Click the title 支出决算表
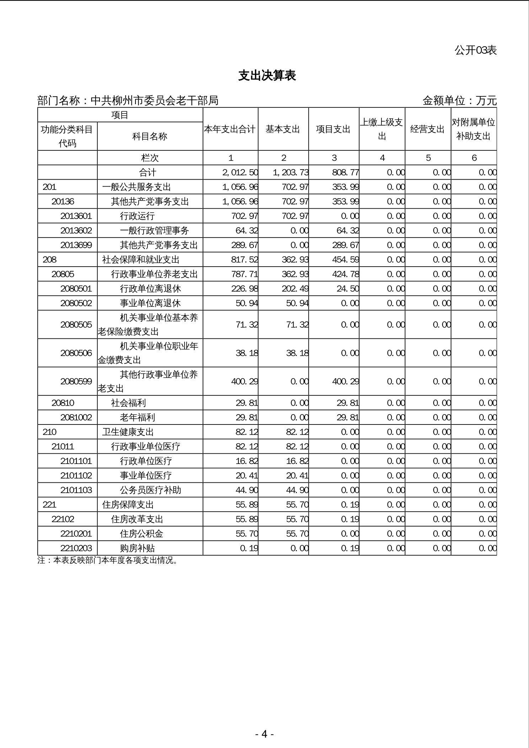[267, 75]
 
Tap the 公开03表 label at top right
[475, 50]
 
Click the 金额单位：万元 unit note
[459, 101]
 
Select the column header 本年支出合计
[230, 129]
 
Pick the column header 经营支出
[428, 129]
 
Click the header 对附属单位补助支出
[474, 129]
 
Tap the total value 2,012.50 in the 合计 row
[240, 172]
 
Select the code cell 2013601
[76, 216]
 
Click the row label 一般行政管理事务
[154, 230]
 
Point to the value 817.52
[245, 260]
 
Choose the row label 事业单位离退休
[150, 303]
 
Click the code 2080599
[76, 381]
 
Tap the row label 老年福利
[137, 417]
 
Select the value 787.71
[245, 274]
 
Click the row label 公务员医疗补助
[150, 490]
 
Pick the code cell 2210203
[76, 548]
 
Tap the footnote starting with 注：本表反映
[107, 560]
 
